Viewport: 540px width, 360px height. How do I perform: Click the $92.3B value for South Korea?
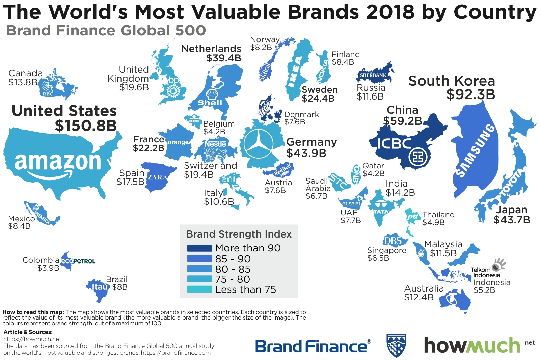coord(470,94)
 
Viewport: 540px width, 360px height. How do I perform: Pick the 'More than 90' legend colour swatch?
coord(199,248)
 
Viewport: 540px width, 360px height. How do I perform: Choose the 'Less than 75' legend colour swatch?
coord(199,289)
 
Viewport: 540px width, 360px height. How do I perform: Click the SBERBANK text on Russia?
coord(373,75)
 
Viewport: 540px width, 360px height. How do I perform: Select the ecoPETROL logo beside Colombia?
coord(78,261)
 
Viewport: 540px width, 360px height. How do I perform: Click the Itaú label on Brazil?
coord(100,287)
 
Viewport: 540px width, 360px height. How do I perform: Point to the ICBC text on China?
coord(394,144)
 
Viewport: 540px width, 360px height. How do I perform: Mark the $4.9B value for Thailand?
coord(433,222)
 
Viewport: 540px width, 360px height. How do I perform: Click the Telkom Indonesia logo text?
coord(485,272)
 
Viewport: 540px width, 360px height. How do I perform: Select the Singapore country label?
coord(386,250)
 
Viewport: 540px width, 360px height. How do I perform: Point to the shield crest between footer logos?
coord(396,345)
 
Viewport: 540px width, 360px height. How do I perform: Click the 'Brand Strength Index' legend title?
coord(239,234)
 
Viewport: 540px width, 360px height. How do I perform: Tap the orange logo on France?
coord(178,142)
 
